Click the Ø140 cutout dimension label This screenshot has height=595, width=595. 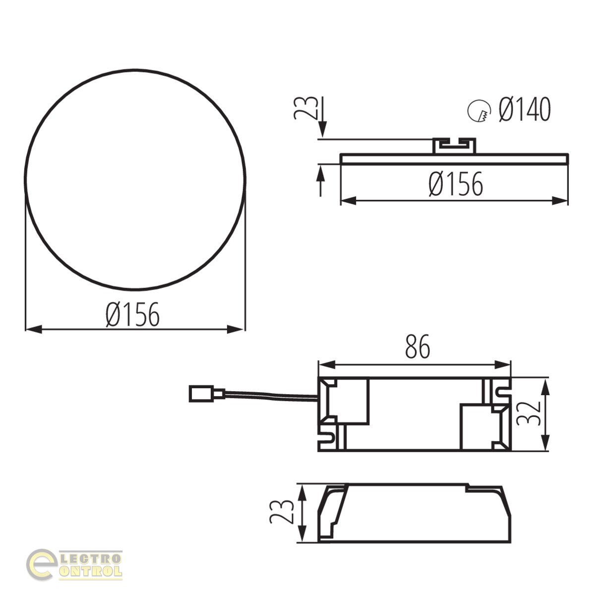coord(525,109)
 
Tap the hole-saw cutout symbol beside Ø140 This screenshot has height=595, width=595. coord(479,111)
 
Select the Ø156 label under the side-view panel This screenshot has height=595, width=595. coord(456,184)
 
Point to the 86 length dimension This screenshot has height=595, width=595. coord(417,347)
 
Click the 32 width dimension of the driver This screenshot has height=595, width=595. coord(528,414)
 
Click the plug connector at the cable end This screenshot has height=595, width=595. coord(206,394)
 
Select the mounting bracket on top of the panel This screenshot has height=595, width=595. coord(454,145)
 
